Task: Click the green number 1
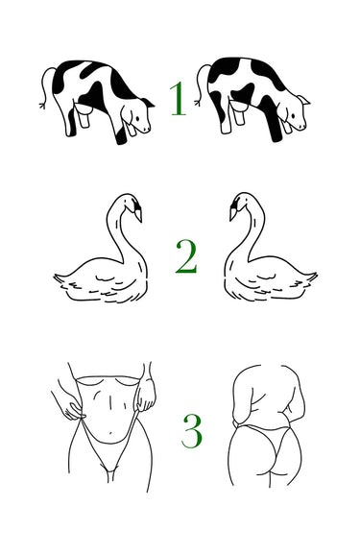point(179,99)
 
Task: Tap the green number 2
point(186,256)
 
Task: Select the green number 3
point(192,431)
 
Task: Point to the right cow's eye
point(293,115)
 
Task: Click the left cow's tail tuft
point(42,105)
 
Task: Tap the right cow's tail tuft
point(198,103)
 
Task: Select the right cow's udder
point(238,112)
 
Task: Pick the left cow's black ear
point(149,103)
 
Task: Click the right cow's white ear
point(303,100)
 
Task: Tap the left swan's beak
point(139,215)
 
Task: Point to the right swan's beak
point(233,214)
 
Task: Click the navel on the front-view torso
point(111,432)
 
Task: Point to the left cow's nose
point(148,129)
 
